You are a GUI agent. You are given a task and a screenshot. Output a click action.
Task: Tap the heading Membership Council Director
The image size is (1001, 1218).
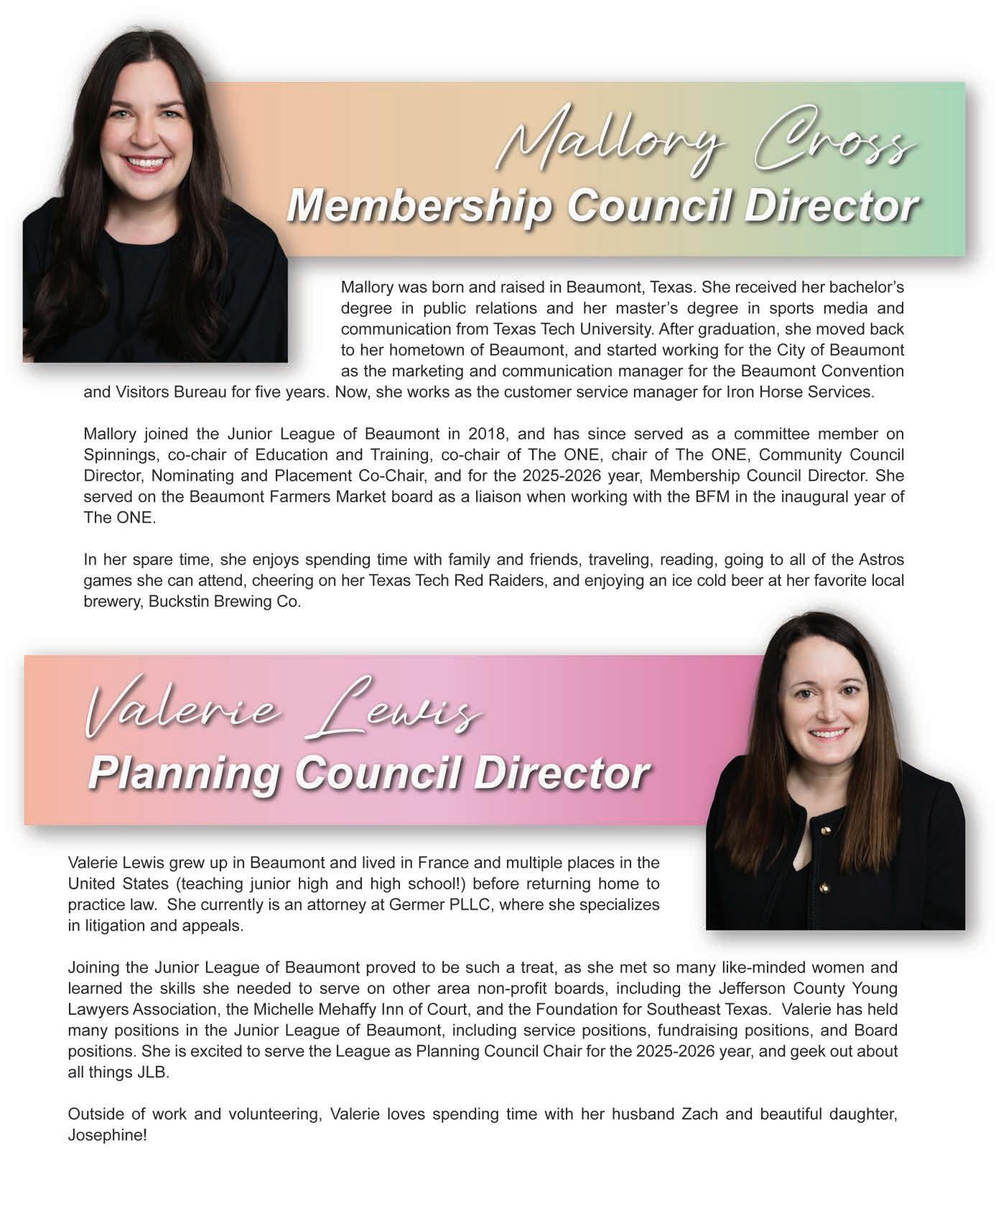point(602,207)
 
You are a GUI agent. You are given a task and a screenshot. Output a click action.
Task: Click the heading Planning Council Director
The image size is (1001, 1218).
point(369,773)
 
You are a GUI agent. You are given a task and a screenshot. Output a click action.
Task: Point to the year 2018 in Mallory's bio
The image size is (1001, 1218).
point(487,434)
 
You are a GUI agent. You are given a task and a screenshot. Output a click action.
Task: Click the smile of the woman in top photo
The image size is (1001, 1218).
point(146,163)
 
